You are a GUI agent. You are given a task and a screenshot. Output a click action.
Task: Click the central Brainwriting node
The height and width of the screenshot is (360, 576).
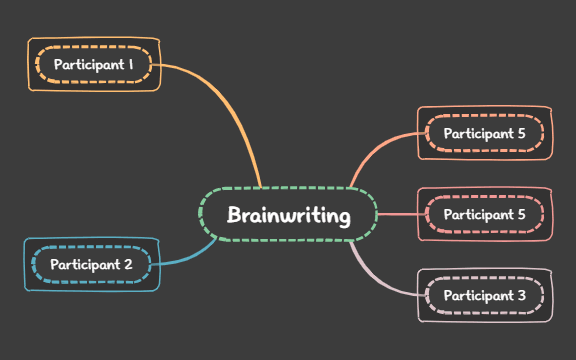[288, 215]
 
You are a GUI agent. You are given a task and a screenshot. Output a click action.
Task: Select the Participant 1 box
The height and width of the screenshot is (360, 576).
[94, 65]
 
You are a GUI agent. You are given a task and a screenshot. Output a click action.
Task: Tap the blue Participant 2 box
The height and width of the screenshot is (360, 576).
[91, 264]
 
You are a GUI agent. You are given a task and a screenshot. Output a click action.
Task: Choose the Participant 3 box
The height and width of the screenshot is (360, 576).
[485, 296]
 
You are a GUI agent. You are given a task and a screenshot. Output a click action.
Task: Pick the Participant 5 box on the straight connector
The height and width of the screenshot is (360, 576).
[485, 214]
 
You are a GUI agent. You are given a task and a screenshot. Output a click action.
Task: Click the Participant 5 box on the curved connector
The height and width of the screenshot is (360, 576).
[485, 133]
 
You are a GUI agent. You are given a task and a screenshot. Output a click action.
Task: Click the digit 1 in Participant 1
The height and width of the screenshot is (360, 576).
[130, 65]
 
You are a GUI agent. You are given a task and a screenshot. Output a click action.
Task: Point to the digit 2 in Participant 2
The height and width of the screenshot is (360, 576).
[128, 265]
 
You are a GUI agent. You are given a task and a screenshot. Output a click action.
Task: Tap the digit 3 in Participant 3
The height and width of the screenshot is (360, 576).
[521, 296]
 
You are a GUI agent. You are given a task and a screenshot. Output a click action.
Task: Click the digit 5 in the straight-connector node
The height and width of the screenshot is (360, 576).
[521, 214]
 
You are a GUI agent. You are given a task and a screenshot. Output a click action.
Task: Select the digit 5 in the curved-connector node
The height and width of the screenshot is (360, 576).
[521, 133]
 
